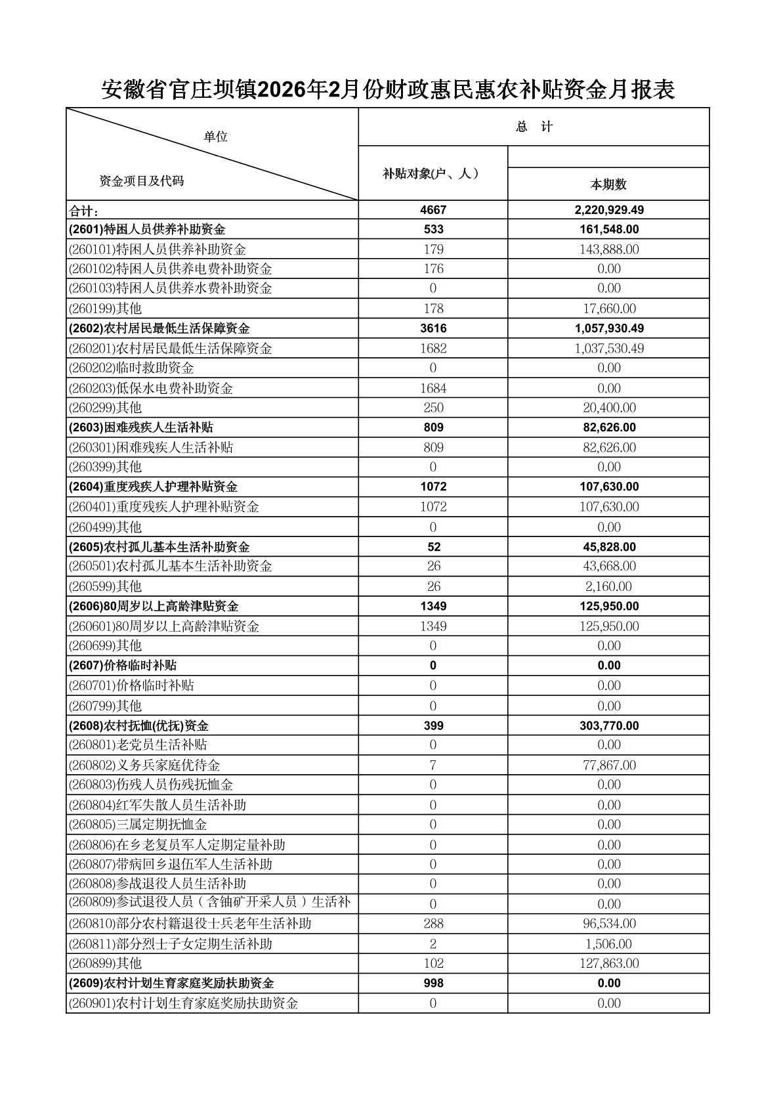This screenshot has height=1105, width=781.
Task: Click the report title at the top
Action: (388, 90)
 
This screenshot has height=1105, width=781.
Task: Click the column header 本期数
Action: (608, 184)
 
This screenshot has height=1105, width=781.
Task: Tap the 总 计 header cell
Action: (534, 127)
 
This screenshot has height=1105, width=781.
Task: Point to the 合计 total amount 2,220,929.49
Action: (609, 210)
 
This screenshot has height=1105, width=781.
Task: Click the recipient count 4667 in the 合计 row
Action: (433, 210)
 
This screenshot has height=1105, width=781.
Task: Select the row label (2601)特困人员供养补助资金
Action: (147, 229)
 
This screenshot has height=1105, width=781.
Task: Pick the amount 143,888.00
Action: (609, 249)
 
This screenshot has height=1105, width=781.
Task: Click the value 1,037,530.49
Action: (609, 349)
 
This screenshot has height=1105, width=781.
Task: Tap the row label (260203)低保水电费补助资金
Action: (151, 389)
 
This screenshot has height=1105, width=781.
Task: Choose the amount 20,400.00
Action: (609, 408)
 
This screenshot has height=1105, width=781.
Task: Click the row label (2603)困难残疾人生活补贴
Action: (141, 427)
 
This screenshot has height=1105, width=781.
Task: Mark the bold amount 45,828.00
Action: (609, 547)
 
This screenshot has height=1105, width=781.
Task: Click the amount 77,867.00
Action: (609, 766)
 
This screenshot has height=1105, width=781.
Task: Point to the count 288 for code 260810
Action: (433, 924)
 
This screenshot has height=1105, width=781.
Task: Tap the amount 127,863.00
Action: (609, 964)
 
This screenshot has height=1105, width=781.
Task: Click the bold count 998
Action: (433, 983)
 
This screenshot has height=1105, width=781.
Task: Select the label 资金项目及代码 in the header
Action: (141, 181)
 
